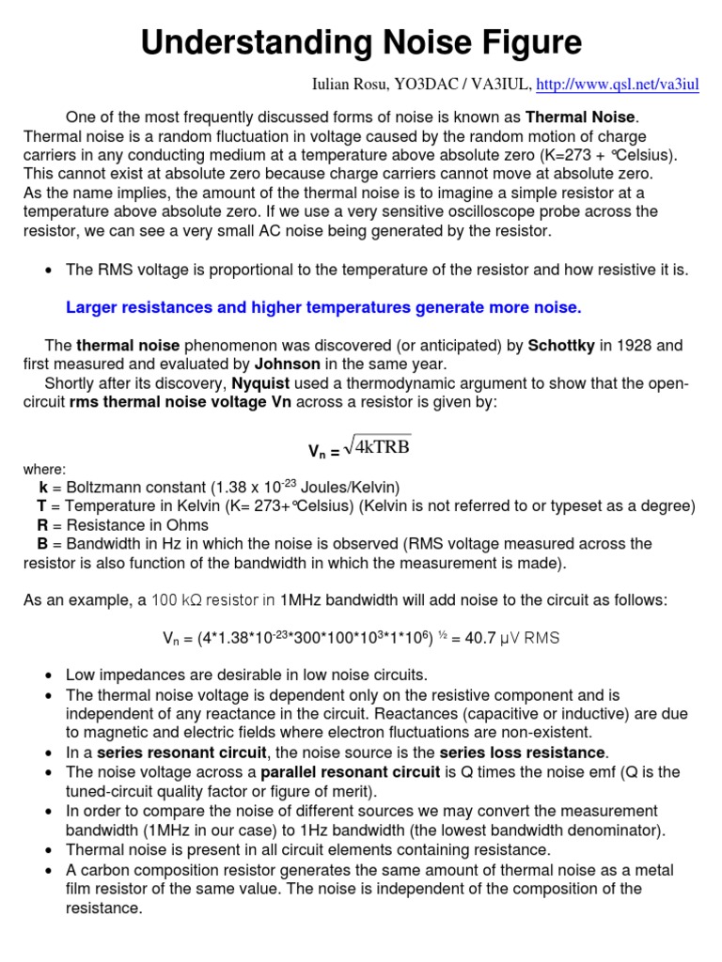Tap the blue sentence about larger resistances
tap(324, 307)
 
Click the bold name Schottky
tap(560, 345)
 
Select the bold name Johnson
tap(288, 364)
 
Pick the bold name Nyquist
tap(262, 383)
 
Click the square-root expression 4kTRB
tap(379, 446)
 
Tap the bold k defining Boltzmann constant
tap(43, 488)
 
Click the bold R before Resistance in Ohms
tap(42, 525)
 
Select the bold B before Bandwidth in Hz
tap(42, 544)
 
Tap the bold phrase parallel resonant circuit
tap(350, 772)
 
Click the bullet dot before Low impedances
tap(48, 675)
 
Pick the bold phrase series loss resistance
tap(523, 753)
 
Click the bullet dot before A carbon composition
tap(48, 869)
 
